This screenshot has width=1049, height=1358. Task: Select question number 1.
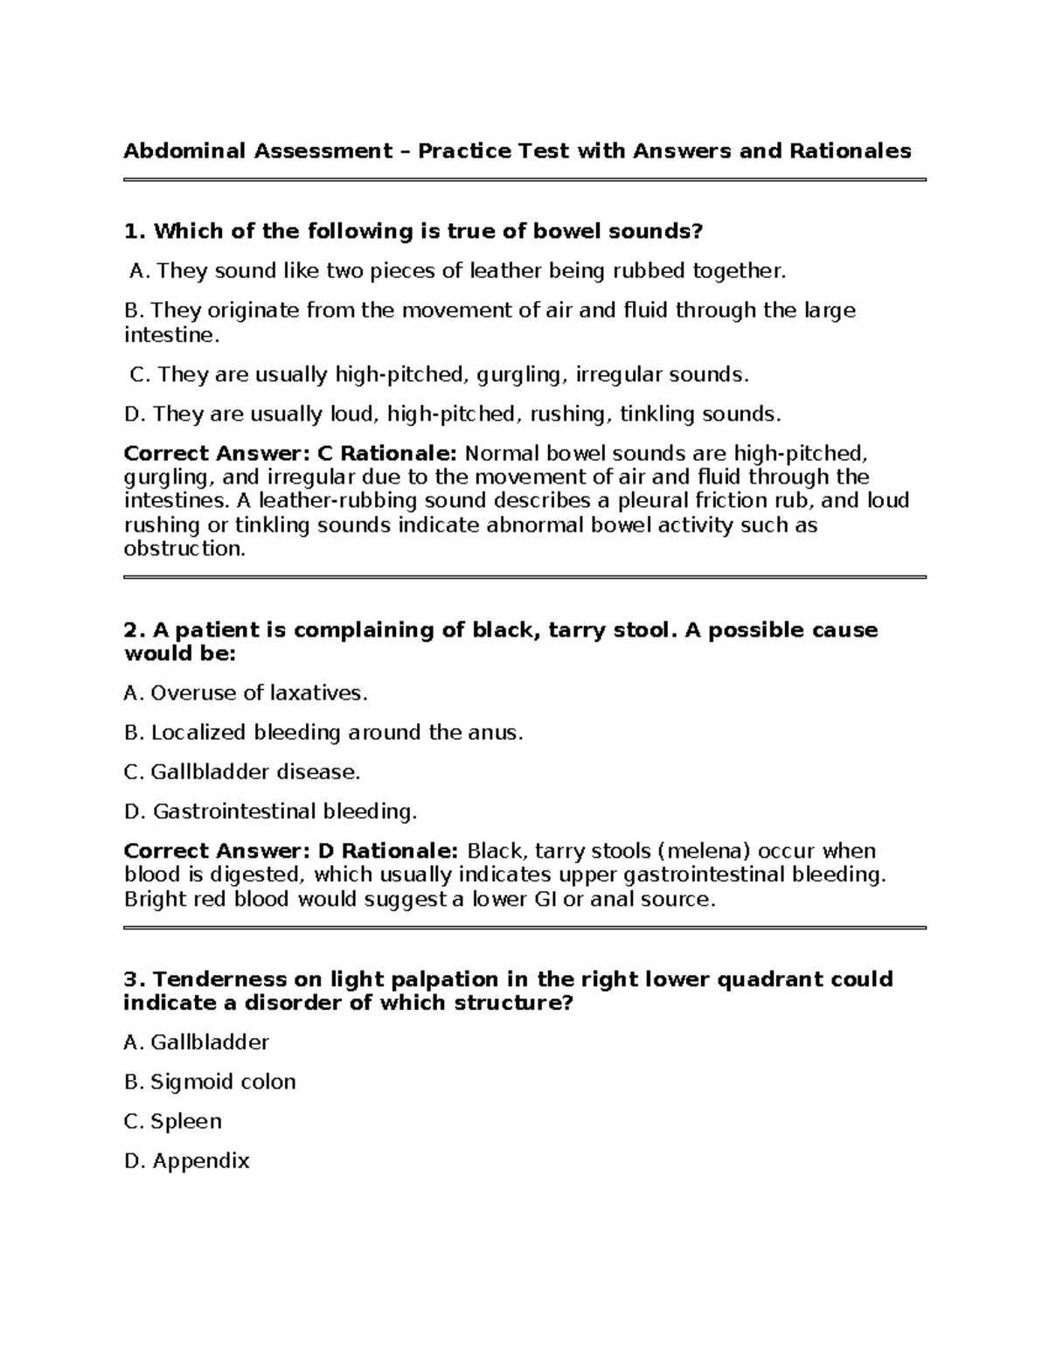(133, 232)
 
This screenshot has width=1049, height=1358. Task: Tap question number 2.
(133, 630)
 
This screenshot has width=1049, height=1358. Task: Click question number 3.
(133, 979)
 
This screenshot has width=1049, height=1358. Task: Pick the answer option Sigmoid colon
(223, 1082)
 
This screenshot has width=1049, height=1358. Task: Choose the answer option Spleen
(185, 1121)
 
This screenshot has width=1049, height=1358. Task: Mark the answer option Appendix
(201, 1161)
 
